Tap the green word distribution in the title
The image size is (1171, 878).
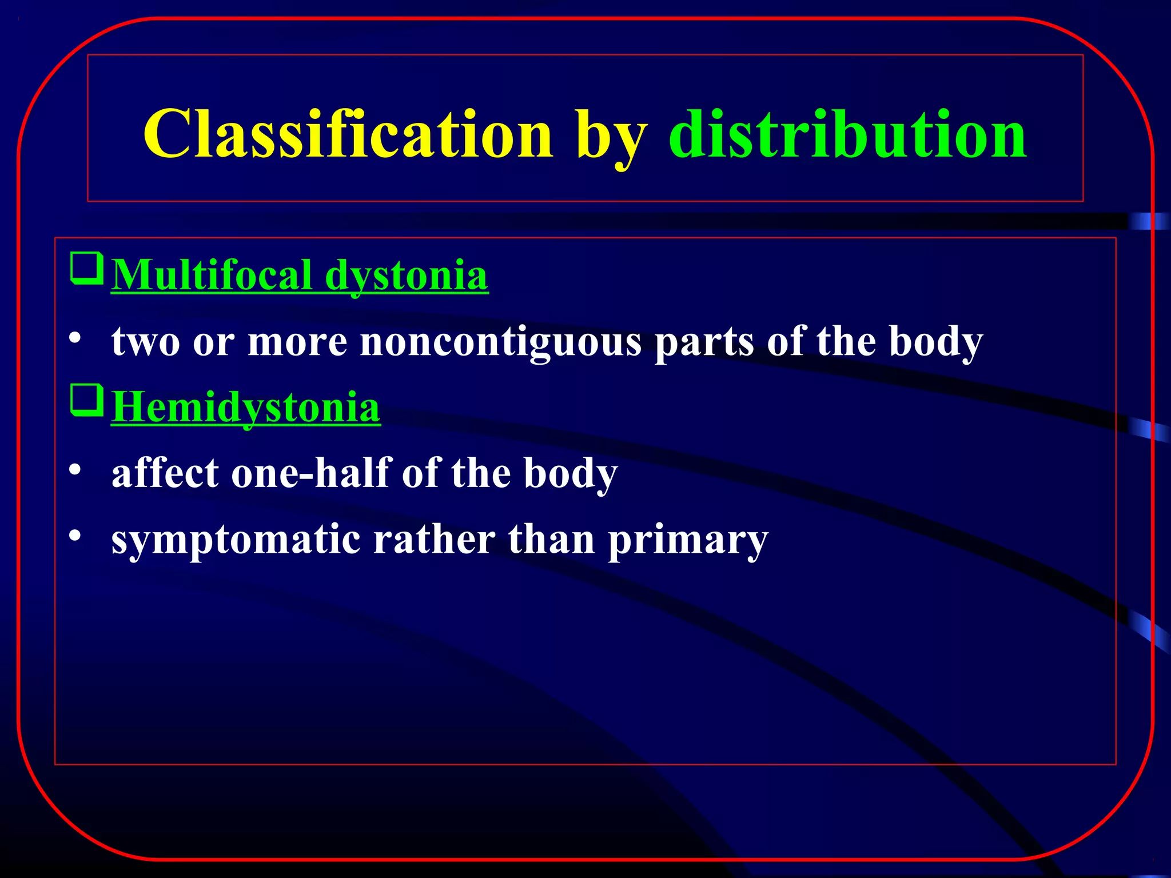click(x=847, y=135)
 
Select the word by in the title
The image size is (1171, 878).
click(x=611, y=137)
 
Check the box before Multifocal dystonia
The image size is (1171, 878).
click(x=87, y=269)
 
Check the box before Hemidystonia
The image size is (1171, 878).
click(x=87, y=401)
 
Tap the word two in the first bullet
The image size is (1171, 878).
click(x=146, y=342)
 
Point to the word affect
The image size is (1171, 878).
click(x=165, y=473)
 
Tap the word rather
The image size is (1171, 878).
click(x=434, y=540)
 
